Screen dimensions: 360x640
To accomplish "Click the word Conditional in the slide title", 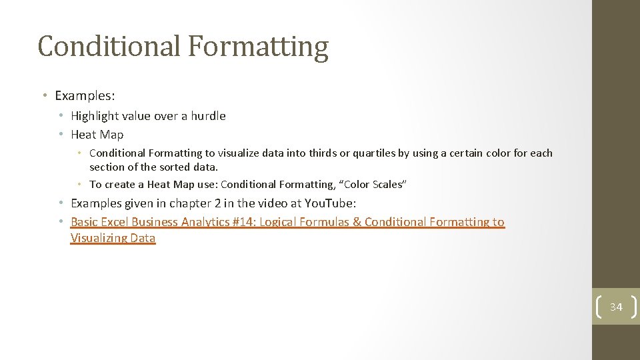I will (x=109, y=47).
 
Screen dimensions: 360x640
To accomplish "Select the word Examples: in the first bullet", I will (x=85, y=95).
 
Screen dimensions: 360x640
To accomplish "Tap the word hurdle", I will (x=208, y=116).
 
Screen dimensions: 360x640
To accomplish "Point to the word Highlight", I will (x=94, y=116).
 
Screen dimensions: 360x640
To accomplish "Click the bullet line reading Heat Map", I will (x=97, y=135).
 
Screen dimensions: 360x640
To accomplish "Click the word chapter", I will (x=193, y=203).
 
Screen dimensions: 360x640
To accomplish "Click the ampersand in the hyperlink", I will (x=357, y=222).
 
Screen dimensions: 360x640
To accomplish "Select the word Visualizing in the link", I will (x=99, y=238).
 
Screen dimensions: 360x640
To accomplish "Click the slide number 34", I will (x=616, y=307).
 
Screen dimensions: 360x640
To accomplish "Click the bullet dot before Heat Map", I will (x=61, y=135).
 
